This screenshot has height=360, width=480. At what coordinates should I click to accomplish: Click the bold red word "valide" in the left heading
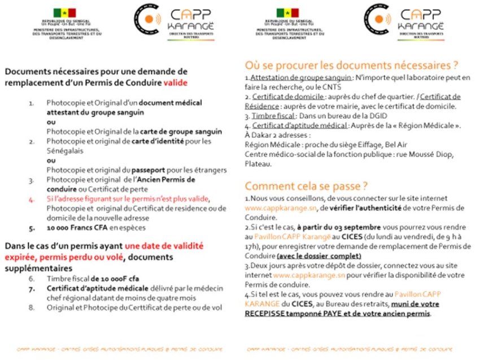pyautogui.click(x=176, y=83)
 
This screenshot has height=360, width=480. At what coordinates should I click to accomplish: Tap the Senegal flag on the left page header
pyautogui.click(x=64, y=12)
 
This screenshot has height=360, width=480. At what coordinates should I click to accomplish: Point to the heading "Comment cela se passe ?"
pyautogui.click(x=306, y=186)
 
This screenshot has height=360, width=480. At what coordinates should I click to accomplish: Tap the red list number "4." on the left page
pyautogui.click(x=32, y=199)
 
